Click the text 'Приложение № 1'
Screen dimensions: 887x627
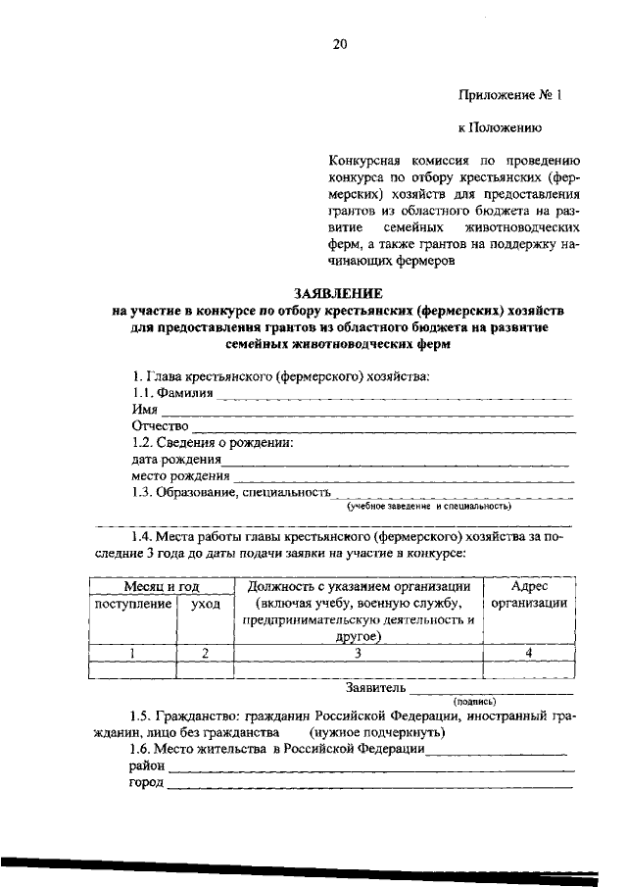(510, 96)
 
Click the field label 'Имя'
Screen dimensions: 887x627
(144, 411)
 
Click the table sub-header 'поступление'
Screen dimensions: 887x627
(132, 605)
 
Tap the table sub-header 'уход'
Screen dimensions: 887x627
(205, 605)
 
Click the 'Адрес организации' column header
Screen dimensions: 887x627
(529, 595)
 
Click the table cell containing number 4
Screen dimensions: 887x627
(529, 652)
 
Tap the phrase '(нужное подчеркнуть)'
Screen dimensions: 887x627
(378, 732)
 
